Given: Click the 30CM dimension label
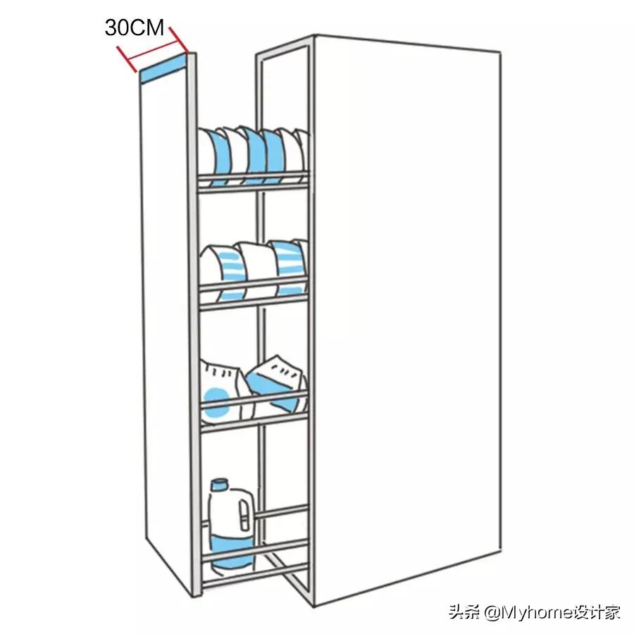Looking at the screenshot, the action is tap(134, 27).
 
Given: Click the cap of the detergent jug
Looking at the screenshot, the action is tap(220, 485).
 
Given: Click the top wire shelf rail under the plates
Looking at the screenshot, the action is tap(254, 182).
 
